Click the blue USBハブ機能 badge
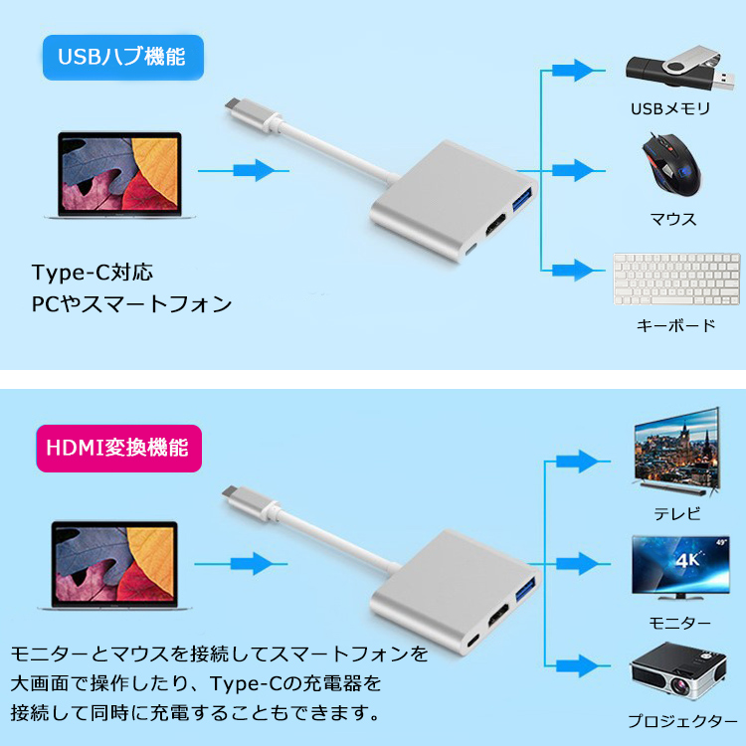(121, 58)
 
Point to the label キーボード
(675, 325)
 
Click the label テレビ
(676, 513)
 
